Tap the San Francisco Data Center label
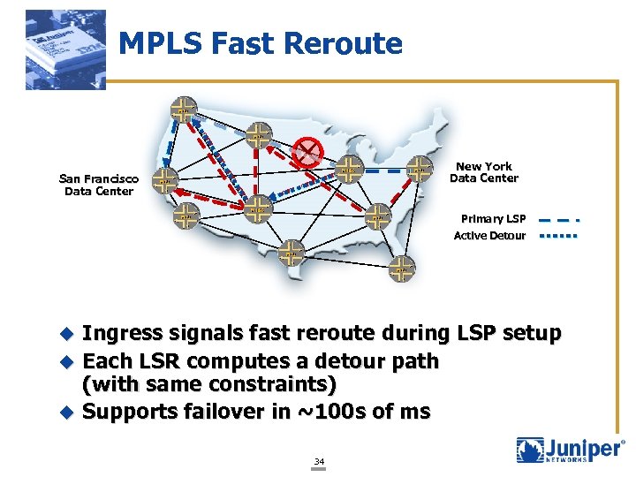pos(99,184)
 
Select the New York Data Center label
pos(484,172)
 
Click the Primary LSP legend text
pos(493,218)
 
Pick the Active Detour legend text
pos(489,236)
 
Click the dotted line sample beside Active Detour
pos(558,236)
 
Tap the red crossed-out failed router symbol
pos(309,152)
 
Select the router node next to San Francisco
pos(164,182)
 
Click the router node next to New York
pos(419,168)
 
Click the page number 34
pos(319,460)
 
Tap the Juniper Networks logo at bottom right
pos(569,450)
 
